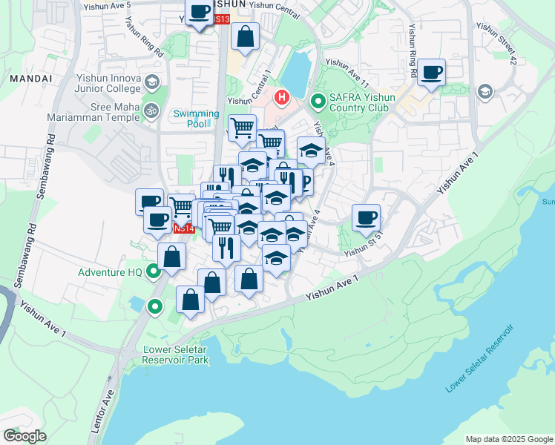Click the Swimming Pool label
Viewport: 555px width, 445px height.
[197, 119]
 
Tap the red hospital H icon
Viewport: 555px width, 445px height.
[282, 97]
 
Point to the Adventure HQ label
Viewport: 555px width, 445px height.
[111, 272]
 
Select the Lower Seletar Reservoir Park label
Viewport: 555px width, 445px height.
[176, 355]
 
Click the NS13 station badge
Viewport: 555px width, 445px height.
[220, 19]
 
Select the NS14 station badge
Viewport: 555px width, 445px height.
[184, 228]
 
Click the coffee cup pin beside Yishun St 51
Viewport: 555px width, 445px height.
[366, 217]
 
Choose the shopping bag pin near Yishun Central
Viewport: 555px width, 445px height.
[245, 36]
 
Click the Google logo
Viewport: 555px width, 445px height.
[24, 435]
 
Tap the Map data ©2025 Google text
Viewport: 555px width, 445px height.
[508, 439]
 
